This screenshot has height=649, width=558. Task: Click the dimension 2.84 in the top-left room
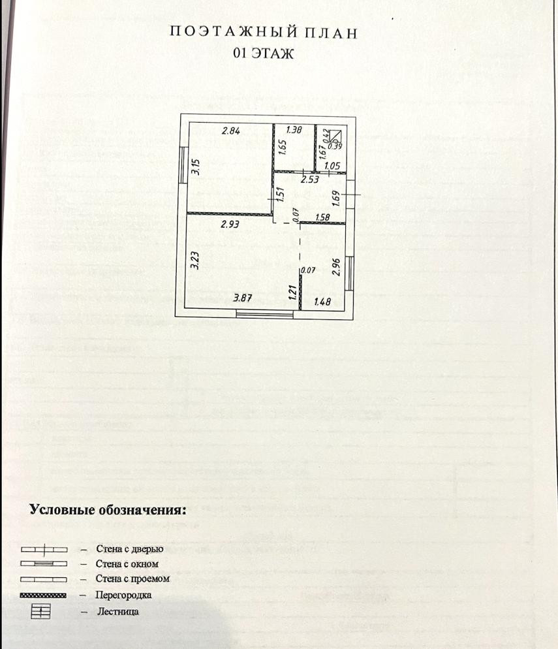click(x=232, y=131)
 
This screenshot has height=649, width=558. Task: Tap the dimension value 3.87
click(x=243, y=298)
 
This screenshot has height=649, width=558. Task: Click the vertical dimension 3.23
click(x=194, y=261)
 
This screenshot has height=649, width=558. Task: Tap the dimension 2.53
click(x=309, y=179)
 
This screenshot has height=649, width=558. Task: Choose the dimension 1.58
click(x=322, y=217)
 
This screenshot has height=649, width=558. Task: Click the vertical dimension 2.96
click(x=336, y=268)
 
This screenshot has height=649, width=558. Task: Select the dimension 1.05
click(x=332, y=166)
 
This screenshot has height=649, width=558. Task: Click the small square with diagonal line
click(x=335, y=136)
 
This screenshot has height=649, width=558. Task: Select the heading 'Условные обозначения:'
click(x=108, y=509)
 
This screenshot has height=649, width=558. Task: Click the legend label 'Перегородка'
click(x=123, y=595)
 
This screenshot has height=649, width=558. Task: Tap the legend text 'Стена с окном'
click(x=127, y=563)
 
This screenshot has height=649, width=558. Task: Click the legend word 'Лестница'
click(x=117, y=612)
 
